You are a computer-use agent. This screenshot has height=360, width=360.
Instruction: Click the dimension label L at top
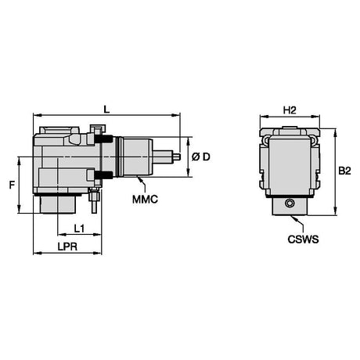click(x=106, y=110)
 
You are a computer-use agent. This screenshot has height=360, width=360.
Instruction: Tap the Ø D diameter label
click(x=200, y=157)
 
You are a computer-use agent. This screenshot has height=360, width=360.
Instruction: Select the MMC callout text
click(x=145, y=200)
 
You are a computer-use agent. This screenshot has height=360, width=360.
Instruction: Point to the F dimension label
click(x=12, y=185)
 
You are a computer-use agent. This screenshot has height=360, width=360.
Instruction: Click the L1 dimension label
click(x=79, y=229)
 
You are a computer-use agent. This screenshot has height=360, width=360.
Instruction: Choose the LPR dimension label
click(x=67, y=247)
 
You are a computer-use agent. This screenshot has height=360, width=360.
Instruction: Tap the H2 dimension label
click(x=290, y=110)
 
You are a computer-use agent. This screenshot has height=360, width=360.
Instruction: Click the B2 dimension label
click(x=344, y=171)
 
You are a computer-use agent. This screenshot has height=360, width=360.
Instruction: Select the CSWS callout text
click(x=303, y=239)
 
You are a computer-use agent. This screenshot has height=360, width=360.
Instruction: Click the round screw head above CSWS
click(x=290, y=203)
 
